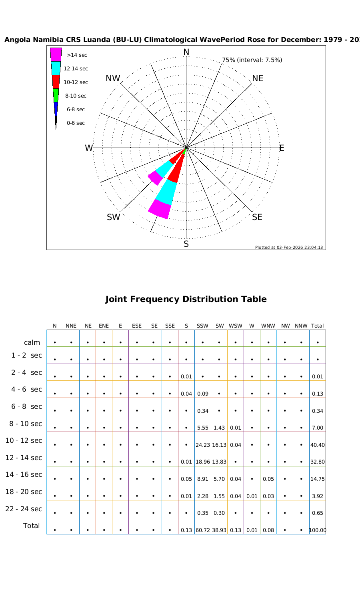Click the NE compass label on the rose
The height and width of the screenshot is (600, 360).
click(x=258, y=78)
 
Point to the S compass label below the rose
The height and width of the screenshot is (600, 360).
click(x=186, y=244)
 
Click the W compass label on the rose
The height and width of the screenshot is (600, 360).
click(x=89, y=148)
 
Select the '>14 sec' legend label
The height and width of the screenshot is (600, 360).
click(x=77, y=55)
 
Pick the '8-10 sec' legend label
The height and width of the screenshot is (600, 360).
click(x=76, y=96)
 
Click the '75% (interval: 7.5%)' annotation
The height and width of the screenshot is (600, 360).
click(x=252, y=60)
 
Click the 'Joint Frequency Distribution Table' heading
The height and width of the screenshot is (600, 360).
click(x=186, y=299)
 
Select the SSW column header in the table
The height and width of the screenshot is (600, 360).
click(x=203, y=326)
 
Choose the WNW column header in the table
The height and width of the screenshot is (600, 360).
click(x=268, y=326)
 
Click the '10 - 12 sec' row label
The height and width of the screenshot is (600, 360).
click(x=24, y=440)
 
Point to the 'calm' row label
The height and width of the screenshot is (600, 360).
click(x=32, y=342)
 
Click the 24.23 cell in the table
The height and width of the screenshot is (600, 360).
click(x=203, y=445)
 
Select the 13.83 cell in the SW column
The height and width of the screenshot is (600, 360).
click(x=219, y=462)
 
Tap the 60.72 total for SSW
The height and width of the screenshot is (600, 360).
click(x=203, y=530)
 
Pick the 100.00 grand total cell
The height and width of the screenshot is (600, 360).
click(x=318, y=530)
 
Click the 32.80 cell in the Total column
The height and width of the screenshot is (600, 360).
click(x=318, y=462)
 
